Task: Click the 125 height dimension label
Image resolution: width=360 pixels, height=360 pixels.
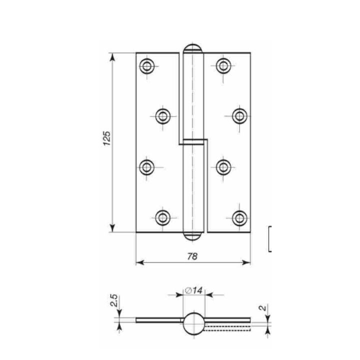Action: click(107, 138)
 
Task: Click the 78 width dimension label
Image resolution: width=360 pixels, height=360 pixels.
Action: click(192, 256)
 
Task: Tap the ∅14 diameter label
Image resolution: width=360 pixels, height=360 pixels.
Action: click(194, 290)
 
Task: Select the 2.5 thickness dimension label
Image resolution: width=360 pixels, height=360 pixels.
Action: click(114, 300)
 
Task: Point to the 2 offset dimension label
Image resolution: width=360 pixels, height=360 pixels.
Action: click(263, 308)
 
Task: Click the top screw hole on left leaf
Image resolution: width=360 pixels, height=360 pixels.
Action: click(146, 66)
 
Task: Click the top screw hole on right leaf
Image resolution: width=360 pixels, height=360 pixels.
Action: click(223, 66)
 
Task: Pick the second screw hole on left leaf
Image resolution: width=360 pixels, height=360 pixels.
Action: click(163, 116)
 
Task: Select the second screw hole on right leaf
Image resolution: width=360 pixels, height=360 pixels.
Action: click(239, 116)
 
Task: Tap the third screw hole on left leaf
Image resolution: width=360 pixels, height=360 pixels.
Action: click(146, 167)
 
